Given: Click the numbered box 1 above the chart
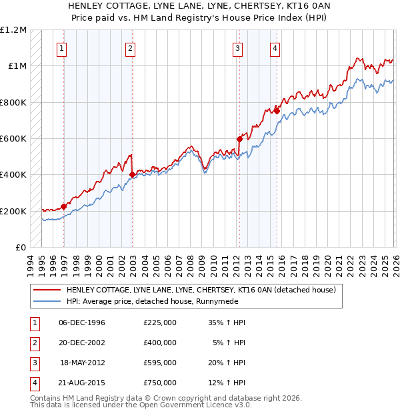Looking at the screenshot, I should [62, 47].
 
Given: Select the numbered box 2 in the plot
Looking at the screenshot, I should [131, 47].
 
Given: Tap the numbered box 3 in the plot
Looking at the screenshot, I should [237, 47].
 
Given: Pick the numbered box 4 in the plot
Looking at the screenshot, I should [275, 47].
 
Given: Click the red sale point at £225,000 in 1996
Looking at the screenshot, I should [64, 206].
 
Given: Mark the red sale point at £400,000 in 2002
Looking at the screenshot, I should [132, 175].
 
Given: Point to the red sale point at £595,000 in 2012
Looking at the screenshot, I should [239, 140].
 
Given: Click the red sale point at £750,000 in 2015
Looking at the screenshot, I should [276, 112].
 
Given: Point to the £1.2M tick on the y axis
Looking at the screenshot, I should [13, 30].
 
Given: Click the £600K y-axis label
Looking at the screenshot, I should [13, 139].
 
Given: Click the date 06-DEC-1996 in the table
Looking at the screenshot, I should [82, 323].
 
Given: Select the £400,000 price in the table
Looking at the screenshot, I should [160, 343].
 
